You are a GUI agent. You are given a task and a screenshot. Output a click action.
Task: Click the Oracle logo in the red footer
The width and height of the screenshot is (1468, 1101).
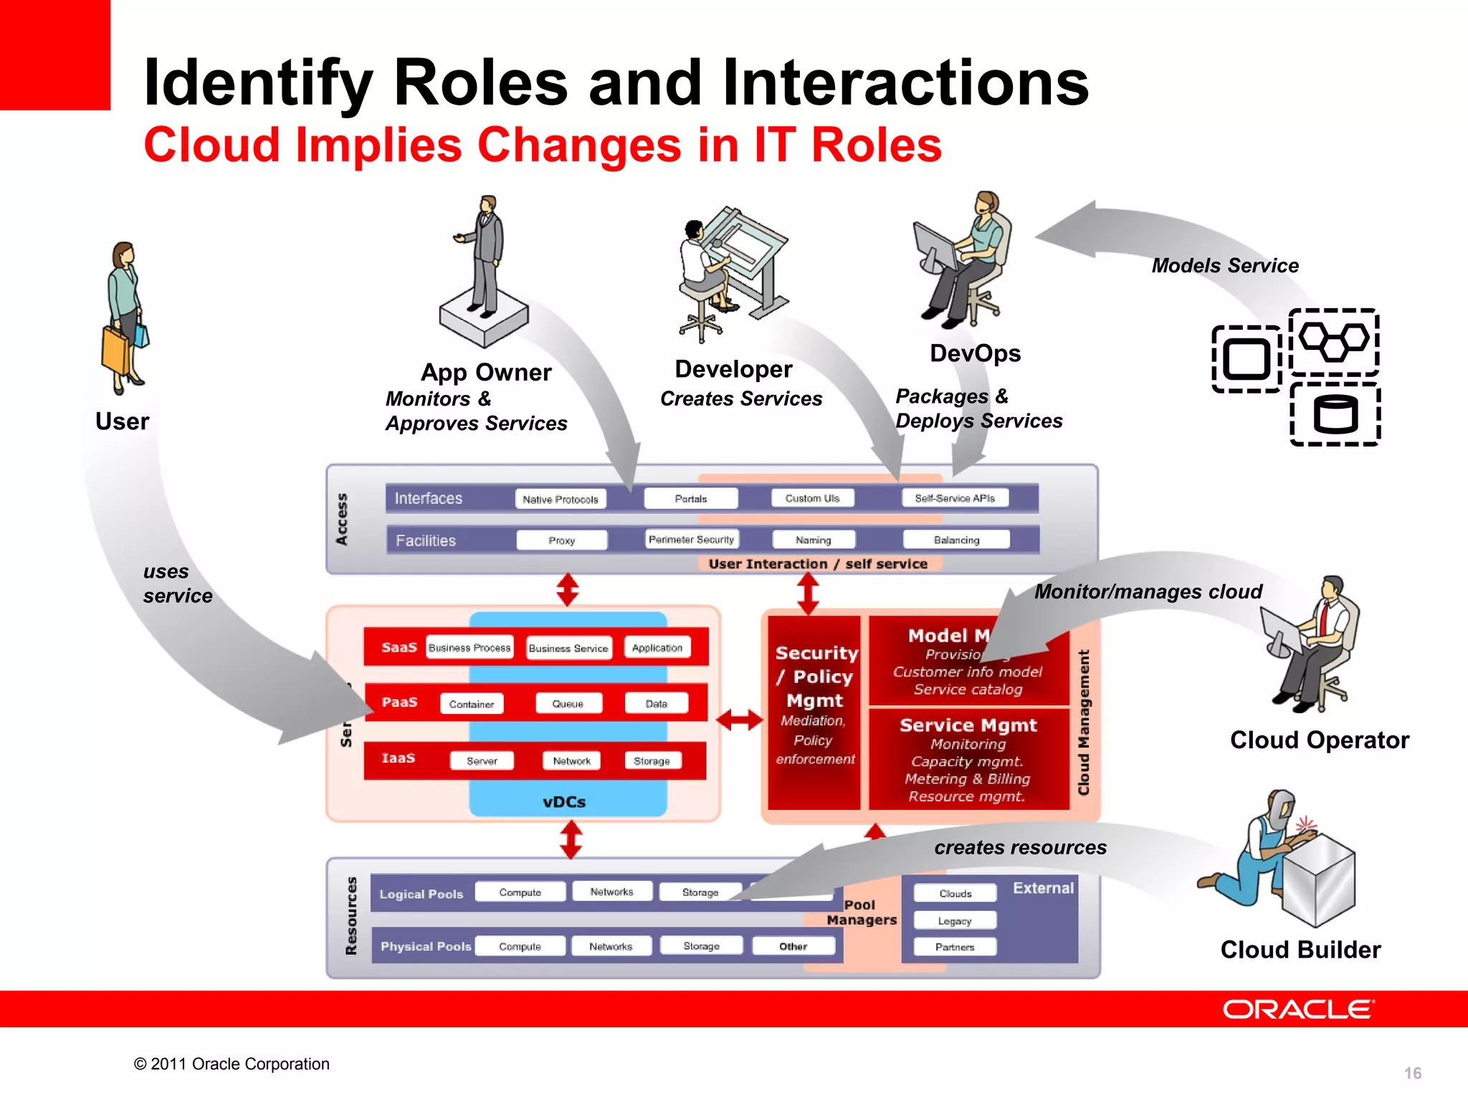tap(1298, 1009)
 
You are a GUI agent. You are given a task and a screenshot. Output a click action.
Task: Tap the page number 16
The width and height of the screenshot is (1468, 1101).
tap(1412, 1073)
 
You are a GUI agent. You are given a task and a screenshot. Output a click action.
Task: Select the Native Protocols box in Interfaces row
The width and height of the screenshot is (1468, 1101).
tap(560, 499)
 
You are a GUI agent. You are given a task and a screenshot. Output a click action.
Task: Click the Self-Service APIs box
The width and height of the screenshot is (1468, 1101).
tap(954, 498)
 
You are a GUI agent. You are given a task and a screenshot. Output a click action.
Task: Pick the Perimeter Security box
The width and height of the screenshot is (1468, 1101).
tap(691, 539)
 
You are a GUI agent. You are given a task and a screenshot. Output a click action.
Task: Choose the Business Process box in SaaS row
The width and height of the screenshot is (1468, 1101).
tap(470, 647)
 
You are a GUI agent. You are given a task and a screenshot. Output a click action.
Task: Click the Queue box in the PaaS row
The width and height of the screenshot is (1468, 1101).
tap(568, 704)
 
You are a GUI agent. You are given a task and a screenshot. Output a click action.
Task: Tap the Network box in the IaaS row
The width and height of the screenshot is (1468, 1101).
tap(571, 761)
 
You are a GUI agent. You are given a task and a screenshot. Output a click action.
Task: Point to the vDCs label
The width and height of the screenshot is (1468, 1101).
tap(564, 801)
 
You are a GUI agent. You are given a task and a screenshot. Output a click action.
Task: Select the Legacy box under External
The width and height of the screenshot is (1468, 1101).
tap(954, 921)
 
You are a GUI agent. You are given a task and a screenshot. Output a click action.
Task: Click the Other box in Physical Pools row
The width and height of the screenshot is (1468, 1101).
tap(793, 946)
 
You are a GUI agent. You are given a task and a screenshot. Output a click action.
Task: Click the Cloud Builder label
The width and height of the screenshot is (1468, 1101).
tap(1300, 949)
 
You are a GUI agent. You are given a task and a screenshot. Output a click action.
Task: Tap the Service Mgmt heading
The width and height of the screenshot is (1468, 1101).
tap(968, 725)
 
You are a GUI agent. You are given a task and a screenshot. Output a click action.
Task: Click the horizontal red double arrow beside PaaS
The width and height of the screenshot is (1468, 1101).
tap(739, 720)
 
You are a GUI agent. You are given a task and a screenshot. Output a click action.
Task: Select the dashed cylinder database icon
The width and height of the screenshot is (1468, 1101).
tap(1335, 414)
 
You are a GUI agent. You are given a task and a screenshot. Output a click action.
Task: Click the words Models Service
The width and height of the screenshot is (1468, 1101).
tap(1224, 266)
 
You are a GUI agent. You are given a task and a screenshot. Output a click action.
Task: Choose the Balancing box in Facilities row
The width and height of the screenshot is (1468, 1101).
tap(956, 540)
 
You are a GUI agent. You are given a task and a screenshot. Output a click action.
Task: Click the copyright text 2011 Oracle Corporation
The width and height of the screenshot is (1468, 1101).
tap(232, 1064)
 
